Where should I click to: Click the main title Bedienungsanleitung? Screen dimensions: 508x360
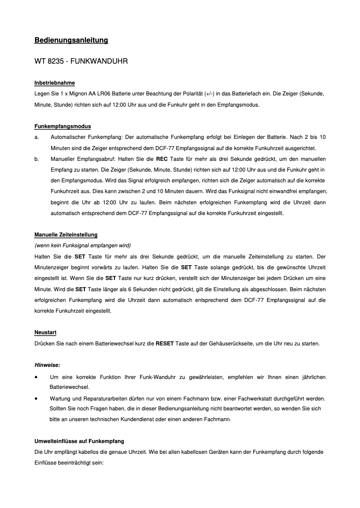point(71,40)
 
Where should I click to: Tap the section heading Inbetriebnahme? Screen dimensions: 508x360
point(54,83)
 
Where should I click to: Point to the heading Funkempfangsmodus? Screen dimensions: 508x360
point(62,126)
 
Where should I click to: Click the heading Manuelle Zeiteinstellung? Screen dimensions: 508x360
point(66,235)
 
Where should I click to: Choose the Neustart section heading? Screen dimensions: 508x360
point(45,332)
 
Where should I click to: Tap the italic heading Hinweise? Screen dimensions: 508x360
point(47,365)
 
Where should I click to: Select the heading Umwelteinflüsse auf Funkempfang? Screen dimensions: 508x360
point(79,441)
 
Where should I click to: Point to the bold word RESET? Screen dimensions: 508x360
point(164,344)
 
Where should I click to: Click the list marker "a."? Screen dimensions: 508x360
point(37,137)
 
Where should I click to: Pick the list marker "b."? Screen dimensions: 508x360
point(37,159)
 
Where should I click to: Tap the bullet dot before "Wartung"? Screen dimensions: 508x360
point(36,398)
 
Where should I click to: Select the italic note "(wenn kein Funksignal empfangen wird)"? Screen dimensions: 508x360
point(82,245)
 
